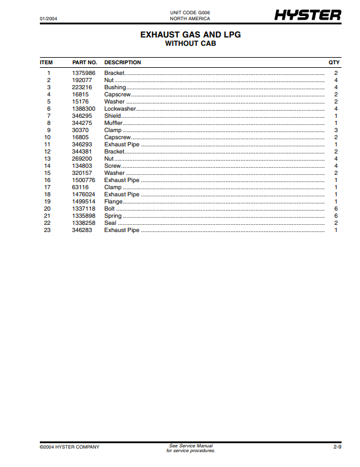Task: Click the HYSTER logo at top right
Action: [x=307, y=15]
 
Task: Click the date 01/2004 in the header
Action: [x=48, y=20]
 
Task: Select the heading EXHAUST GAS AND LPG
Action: [x=190, y=35]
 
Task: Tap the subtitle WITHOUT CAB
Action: [x=190, y=43]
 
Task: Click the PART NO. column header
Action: [x=84, y=62]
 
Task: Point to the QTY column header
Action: [x=334, y=62]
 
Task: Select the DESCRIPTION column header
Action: [x=123, y=62]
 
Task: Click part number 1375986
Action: [x=83, y=73]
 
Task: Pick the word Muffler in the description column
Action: [x=114, y=123]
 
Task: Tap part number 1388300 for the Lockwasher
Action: [x=83, y=109]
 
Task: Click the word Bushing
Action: [x=115, y=87]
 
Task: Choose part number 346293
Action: [x=82, y=145]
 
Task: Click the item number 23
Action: [x=48, y=230]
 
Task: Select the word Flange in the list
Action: [x=114, y=202]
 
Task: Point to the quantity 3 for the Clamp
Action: [x=336, y=130]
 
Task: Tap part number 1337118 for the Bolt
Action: [x=83, y=209]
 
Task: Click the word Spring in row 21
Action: [x=113, y=216]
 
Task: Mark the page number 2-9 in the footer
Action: [x=337, y=447]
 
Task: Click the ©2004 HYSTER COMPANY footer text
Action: [x=70, y=447]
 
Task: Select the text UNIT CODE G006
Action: [x=190, y=12]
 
